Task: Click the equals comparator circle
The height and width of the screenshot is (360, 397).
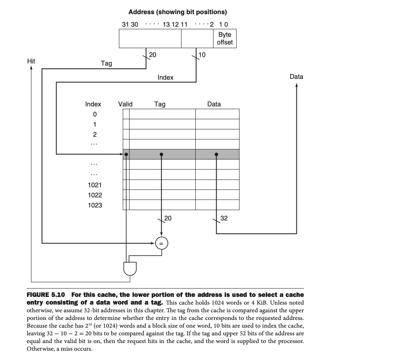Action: point(161,243)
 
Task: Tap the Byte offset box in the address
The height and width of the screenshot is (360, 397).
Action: point(224,38)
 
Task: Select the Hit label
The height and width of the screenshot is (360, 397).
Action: point(31,61)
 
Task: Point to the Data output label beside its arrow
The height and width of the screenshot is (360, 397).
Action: point(296,76)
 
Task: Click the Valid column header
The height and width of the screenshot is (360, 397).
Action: point(125,104)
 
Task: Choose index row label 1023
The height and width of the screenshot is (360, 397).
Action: point(95,205)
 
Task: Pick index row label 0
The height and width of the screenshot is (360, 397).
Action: point(95,114)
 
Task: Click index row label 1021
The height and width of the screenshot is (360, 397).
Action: point(95,185)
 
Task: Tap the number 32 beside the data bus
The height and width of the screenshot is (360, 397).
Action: point(224,218)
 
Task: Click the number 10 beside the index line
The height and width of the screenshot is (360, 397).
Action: point(202,55)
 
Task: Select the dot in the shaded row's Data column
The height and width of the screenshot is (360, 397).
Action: point(216,154)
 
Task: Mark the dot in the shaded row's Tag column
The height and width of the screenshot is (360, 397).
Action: point(161,154)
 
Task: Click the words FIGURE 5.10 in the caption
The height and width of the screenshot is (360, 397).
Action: point(46,294)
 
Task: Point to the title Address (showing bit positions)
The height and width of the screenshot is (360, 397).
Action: point(177,12)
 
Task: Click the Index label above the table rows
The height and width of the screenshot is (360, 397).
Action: point(93,104)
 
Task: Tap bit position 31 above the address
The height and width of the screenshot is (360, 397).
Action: point(125,24)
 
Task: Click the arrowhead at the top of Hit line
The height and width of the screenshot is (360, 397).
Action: point(31,68)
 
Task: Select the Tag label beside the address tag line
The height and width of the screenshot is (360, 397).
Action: point(106,63)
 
